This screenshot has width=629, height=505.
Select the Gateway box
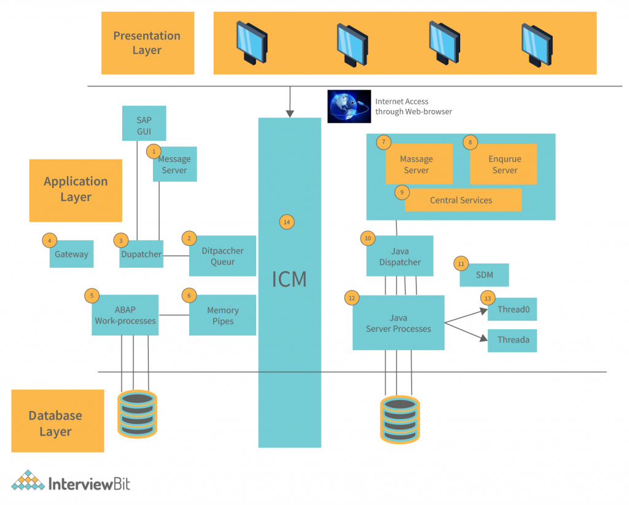[71, 254]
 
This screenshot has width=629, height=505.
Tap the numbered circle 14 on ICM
[286, 222]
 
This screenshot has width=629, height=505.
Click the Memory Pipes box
[222, 316]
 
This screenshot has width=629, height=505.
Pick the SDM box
[484, 275]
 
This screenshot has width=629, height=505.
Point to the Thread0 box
[512, 309]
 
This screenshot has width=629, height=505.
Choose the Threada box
[512, 340]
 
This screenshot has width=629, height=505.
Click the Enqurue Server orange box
[504, 165]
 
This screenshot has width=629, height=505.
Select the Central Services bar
[462, 200]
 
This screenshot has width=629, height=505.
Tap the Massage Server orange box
[418, 165]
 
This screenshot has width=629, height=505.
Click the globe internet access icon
[349, 106]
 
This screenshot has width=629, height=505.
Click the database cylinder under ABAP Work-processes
[137, 413]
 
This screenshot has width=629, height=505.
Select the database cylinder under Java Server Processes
[400, 419]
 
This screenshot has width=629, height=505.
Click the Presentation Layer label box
[147, 43]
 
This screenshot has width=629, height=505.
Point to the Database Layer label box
[57, 423]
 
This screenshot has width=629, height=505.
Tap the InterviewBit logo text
[89, 483]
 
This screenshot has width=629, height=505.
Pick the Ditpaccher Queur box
[222, 256]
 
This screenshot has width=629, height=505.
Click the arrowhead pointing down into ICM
[289, 113]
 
